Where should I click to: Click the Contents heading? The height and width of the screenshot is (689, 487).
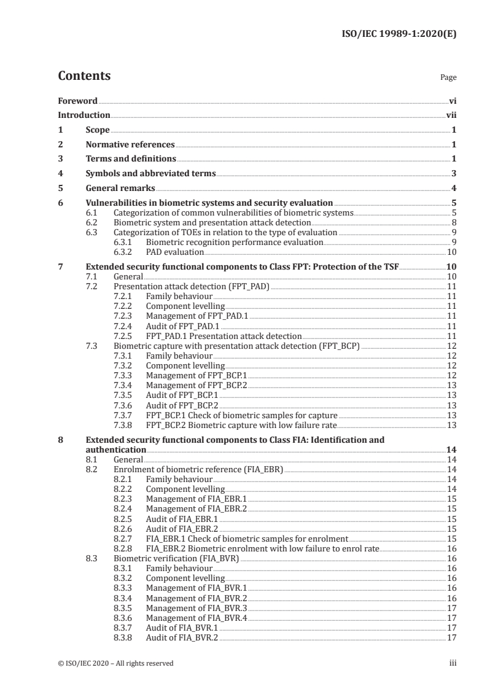84,76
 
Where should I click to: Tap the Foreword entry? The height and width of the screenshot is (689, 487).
77,101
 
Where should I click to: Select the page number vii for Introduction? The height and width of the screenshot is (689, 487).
451,115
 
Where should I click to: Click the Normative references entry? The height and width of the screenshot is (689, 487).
130,145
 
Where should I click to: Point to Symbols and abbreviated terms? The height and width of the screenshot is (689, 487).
150,174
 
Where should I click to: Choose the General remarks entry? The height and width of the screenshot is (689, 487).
120,188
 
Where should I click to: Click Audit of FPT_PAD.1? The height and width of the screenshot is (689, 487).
182,326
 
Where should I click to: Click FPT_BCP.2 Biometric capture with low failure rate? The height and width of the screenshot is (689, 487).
241,424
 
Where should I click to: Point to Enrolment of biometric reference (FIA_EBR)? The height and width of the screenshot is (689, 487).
198,469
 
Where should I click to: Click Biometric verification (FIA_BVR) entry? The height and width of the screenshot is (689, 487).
176,558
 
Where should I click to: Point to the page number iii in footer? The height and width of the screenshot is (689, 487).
453,663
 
